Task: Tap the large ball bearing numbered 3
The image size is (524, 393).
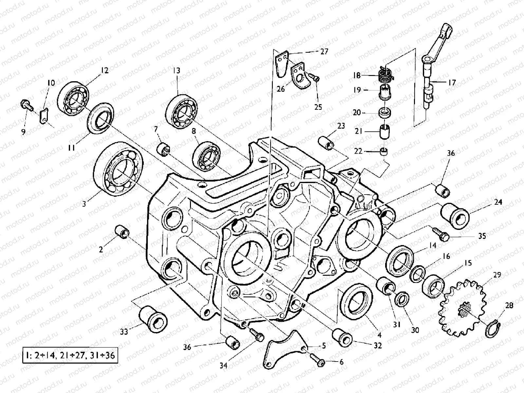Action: (118, 169)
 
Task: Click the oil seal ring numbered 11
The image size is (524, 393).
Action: (101, 118)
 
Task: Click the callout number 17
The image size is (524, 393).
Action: (452, 83)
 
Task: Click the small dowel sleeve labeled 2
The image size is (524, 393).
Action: (122, 232)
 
